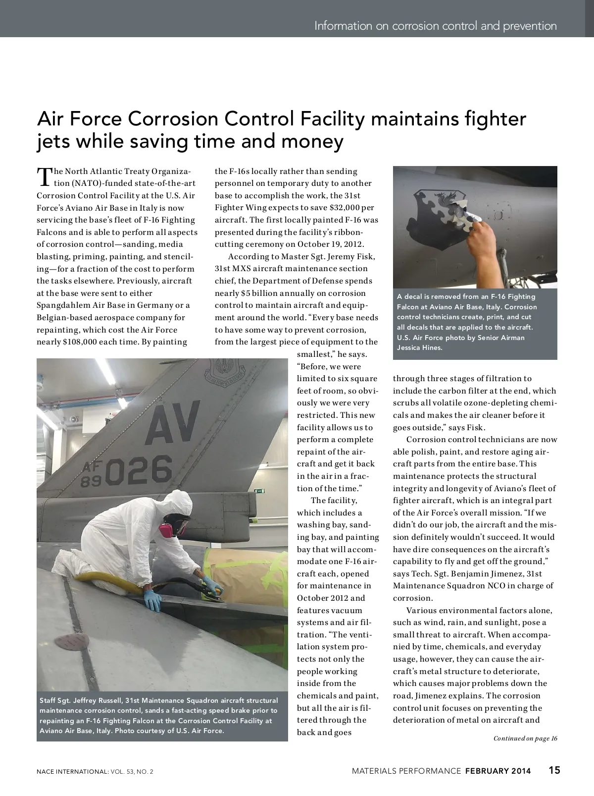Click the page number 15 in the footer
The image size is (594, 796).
point(554,770)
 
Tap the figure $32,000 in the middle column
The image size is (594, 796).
point(338,208)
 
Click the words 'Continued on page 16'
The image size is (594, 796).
point(525,739)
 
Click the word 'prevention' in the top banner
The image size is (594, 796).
point(530,26)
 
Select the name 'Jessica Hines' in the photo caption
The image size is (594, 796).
point(420,348)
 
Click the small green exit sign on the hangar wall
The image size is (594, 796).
point(257,491)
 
